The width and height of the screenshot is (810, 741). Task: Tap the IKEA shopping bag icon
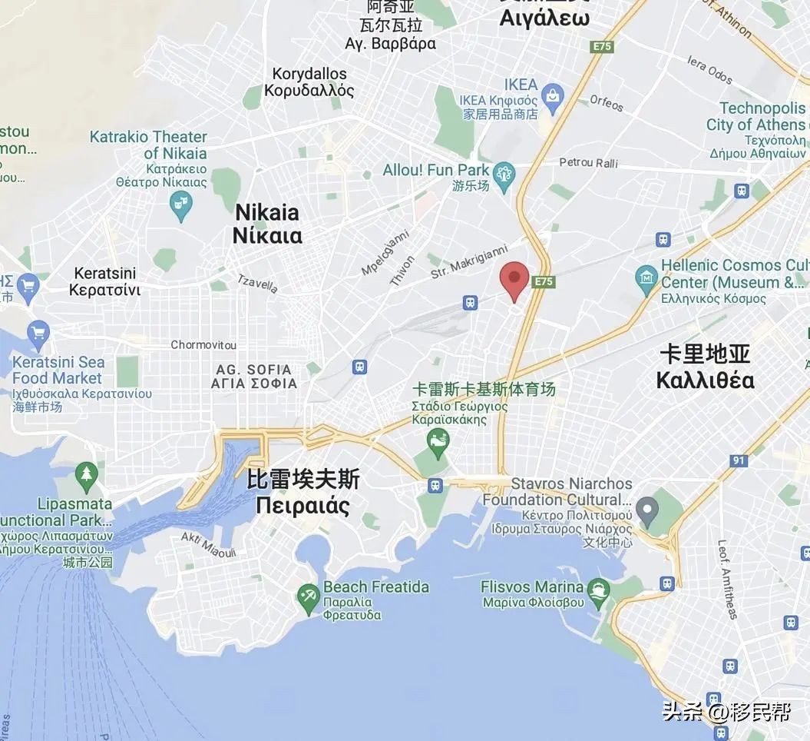552,95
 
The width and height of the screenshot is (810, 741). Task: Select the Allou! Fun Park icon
504,172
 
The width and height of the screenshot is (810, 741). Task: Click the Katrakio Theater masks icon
180,205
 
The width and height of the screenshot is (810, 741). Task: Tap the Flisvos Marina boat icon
597,590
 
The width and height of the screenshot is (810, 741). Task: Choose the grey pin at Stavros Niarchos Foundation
648,507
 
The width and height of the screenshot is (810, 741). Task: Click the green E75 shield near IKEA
602,47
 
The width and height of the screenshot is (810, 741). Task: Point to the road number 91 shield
739,460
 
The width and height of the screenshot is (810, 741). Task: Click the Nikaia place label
267,223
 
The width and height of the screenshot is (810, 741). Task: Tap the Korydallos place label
309,82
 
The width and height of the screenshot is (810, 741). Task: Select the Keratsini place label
104,281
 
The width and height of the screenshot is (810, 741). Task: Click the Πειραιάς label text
303,507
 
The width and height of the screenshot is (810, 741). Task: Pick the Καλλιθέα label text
706,380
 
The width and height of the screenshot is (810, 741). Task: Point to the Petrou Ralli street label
588,163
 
